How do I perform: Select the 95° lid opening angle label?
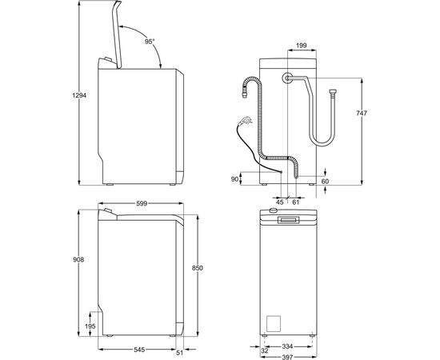149,41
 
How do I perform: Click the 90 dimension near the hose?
234,179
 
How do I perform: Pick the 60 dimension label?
325,182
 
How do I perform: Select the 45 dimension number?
280,202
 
